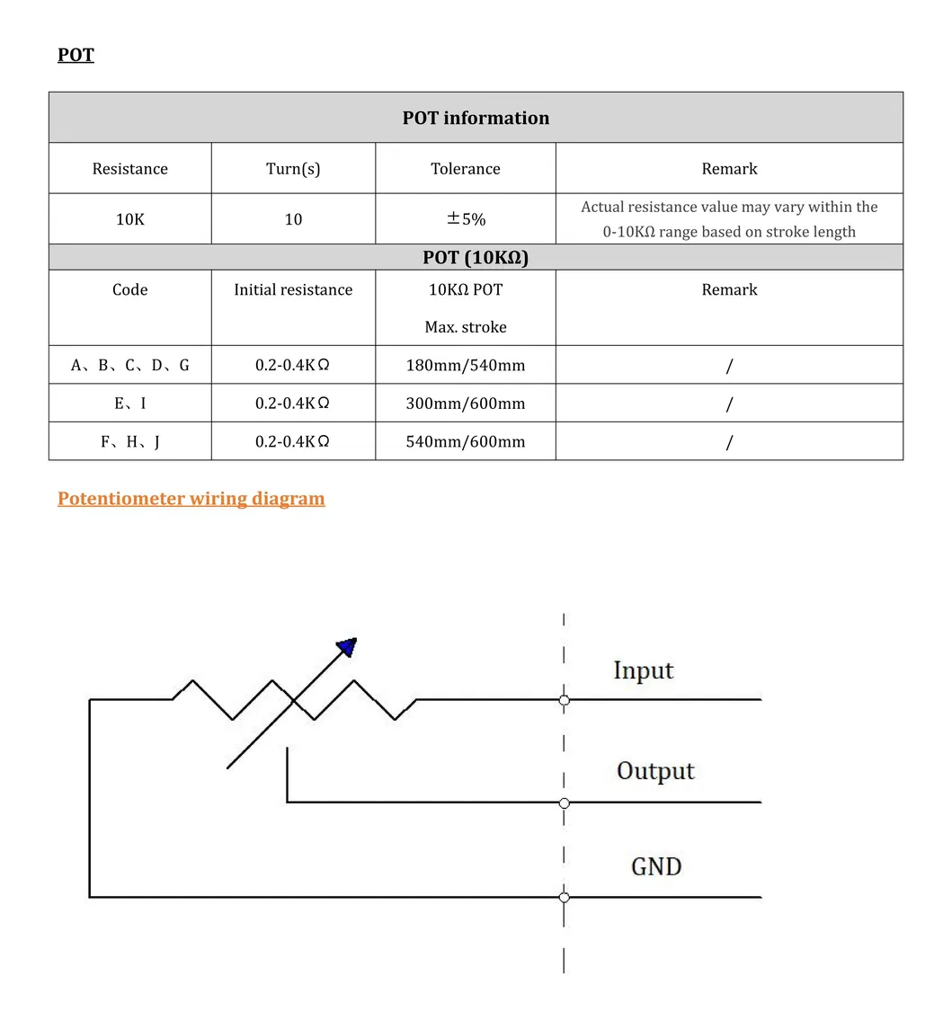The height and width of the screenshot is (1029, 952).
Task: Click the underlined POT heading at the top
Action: (76, 55)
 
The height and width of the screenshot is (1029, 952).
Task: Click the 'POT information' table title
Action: (476, 118)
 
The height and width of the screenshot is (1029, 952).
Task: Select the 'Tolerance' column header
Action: (465, 169)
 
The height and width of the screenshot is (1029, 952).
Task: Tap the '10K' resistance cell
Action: (129, 219)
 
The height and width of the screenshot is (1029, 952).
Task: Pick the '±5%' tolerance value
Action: (466, 219)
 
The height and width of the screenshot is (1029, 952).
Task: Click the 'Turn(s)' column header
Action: (293, 169)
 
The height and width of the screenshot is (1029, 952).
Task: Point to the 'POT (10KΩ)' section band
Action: (476, 258)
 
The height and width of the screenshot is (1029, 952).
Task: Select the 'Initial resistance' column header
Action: (293, 290)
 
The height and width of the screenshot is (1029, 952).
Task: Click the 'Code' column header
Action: (129, 290)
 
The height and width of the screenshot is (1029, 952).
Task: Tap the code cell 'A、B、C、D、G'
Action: (129, 366)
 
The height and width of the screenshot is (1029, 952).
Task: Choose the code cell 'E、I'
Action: (129, 404)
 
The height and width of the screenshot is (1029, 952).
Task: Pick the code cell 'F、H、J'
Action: (129, 442)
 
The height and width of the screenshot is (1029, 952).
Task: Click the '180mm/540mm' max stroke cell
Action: (465, 366)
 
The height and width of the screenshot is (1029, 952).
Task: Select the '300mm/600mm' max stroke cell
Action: (465, 404)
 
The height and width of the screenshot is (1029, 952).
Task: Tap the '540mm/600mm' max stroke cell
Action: (465, 442)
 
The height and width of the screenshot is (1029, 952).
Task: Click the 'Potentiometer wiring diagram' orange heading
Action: (191, 499)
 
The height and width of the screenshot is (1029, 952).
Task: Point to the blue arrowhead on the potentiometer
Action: (347, 646)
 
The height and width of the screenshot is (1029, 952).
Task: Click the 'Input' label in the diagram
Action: (643, 670)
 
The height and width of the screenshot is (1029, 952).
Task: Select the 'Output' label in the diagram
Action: (655, 771)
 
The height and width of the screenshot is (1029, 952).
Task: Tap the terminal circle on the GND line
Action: (564, 897)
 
